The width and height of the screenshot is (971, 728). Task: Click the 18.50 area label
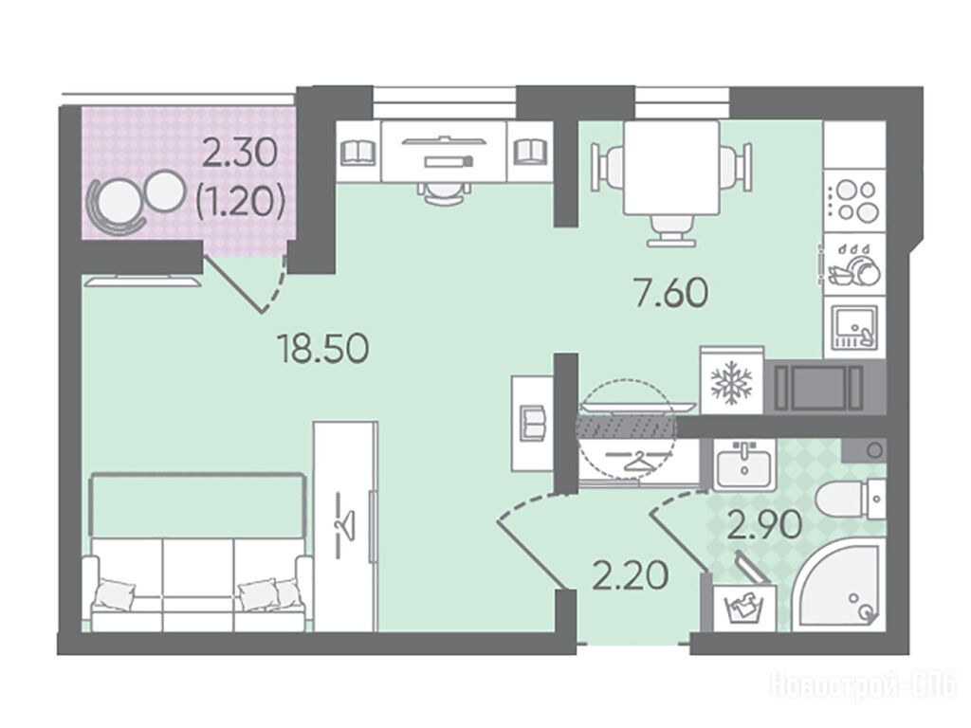(x=323, y=348)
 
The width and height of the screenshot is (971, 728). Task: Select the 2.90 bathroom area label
(x=765, y=525)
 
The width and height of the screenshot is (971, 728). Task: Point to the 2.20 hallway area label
(x=631, y=575)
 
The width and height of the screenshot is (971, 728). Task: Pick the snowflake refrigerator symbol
(x=731, y=381)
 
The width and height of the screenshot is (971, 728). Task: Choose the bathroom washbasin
(x=743, y=463)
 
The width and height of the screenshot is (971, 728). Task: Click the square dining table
(x=671, y=168)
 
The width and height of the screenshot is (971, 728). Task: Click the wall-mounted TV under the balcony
(x=143, y=282)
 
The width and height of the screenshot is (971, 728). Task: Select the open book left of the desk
(x=358, y=151)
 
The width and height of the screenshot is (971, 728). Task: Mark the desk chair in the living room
(x=443, y=192)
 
